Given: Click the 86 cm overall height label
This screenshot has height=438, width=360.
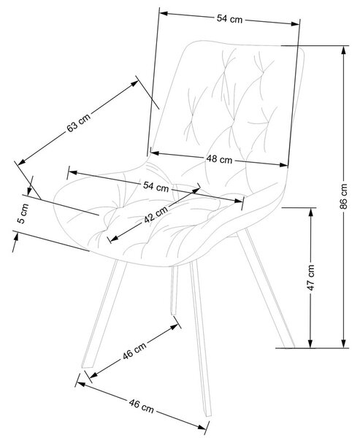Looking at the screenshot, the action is [x=344, y=196].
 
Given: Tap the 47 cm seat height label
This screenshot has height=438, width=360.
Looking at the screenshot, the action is [x=311, y=277].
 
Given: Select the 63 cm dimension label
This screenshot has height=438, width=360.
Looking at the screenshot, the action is [x=79, y=123].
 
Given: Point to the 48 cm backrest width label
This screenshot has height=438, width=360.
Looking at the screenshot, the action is [x=219, y=159].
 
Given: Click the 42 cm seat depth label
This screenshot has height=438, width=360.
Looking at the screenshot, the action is [x=156, y=214].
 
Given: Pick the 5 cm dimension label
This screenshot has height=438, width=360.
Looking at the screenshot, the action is [x=23, y=214].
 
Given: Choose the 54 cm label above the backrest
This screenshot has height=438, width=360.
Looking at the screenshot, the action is [x=229, y=19].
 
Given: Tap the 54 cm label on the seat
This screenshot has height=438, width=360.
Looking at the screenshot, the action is [x=156, y=186].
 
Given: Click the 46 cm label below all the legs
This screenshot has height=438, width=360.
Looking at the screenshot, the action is [x=142, y=406].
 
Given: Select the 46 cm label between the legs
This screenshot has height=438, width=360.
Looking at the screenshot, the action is [x=134, y=350].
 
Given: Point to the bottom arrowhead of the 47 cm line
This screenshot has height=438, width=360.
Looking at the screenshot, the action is [x=310, y=344].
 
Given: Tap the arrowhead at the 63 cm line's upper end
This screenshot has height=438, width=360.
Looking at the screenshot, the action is [x=134, y=83].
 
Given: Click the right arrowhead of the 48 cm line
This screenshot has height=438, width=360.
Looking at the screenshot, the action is [x=283, y=165].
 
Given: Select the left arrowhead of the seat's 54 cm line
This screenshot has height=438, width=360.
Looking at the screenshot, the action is [x=73, y=172].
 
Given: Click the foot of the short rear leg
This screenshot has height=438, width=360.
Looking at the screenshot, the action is [x=174, y=313].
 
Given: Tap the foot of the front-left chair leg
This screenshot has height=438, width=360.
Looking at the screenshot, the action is [x=88, y=366].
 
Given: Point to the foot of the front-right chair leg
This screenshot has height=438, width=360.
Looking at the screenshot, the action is [x=207, y=414].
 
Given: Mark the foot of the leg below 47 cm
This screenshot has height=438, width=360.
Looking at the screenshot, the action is [x=290, y=346].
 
